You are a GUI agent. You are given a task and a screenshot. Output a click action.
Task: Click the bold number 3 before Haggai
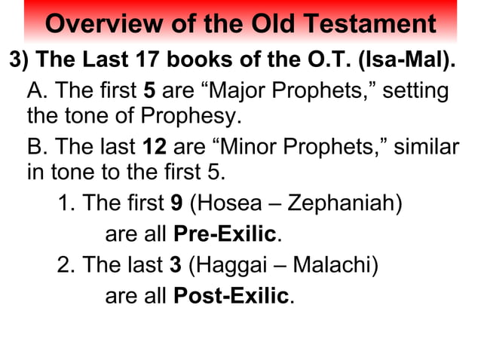176,265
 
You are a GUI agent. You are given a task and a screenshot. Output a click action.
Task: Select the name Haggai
229,265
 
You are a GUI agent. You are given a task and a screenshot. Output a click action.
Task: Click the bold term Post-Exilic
231,296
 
